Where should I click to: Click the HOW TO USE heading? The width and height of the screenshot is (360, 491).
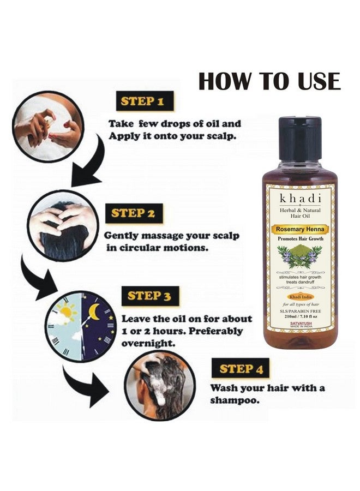269,81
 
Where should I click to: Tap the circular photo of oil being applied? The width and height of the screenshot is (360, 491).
49,127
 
